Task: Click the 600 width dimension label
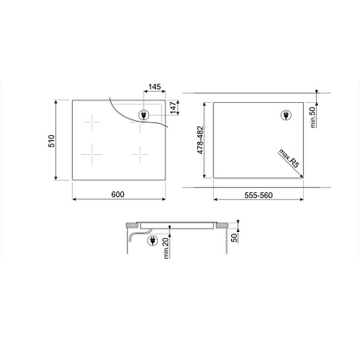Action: (x=118, y=195)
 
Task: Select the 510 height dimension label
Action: (x=51, y=141)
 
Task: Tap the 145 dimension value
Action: (x=155, y=87)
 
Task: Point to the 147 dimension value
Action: (x=173, y=107)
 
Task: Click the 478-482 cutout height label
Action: (x=201, y=140)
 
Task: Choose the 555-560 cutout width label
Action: (x=259, y=196)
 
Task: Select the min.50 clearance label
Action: (x=312, y=117)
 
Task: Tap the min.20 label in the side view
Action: (x=167, y=248)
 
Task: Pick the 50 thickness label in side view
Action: (x=235, y=238)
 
